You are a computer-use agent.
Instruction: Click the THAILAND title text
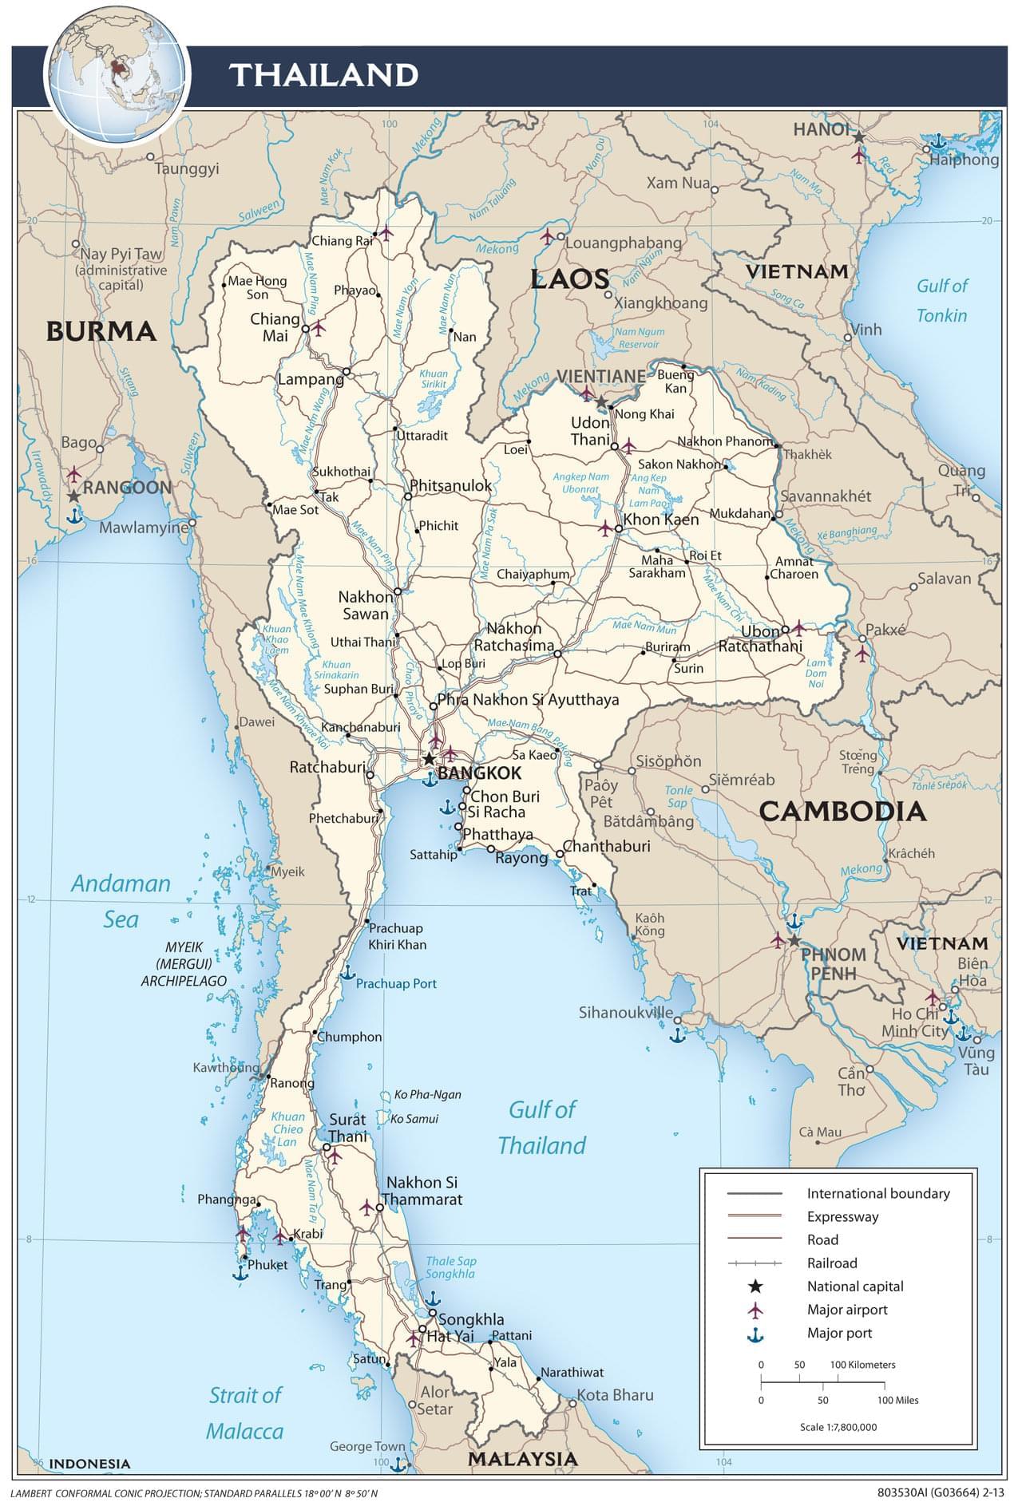coord(323,75)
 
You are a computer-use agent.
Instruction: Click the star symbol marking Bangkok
coord(429,758)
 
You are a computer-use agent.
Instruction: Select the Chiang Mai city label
coord(275,327)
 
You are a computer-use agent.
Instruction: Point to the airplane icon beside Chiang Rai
coord(386,234)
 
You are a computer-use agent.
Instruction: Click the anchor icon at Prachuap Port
coord(347,972)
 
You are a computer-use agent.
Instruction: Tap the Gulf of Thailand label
coord(542,1127)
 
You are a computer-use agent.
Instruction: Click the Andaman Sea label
coord(121,901)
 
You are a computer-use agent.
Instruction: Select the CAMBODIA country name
coord(842,812)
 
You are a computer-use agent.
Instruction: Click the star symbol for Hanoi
coord(858,137)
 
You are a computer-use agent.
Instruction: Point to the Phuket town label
coord(267,1265)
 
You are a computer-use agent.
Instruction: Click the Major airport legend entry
coord(846,1310)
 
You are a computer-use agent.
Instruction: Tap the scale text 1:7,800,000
coord(838,1426)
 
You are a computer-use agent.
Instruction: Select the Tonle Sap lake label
coord(679,796)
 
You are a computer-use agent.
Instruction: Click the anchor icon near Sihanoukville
coord(677,1035)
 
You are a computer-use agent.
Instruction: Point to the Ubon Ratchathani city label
coord(760,638)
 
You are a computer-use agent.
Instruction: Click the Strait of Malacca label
coord(245,1413)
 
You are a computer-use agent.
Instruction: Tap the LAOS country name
coord(569,279)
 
